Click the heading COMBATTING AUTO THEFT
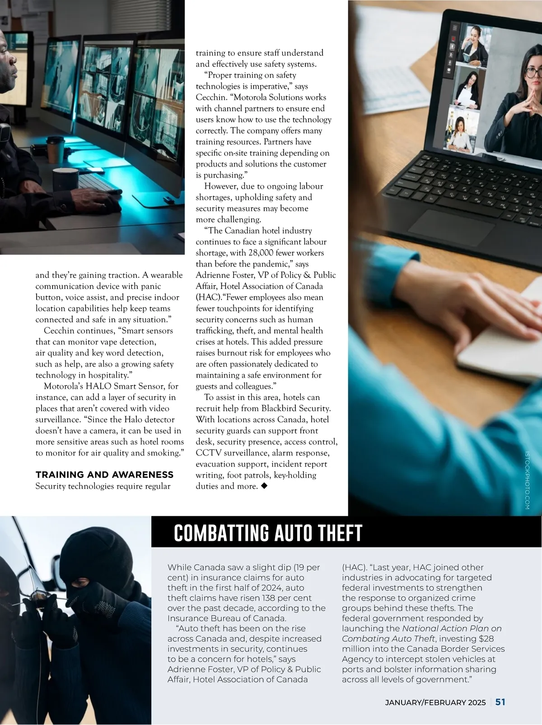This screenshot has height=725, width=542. click(x=268, y=533)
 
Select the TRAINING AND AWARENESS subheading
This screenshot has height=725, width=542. click(x=104, y=474)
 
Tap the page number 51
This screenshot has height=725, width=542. click(x=500, y=702)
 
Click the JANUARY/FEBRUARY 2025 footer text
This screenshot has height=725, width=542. click(x=435, y=702)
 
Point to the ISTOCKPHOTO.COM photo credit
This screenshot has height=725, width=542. click(x=527, y=481)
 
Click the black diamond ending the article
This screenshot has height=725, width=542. click(x=264, y=486)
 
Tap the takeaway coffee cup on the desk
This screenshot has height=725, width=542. click(x=56, y=149)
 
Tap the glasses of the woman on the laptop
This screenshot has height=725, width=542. click(x=534, y=72)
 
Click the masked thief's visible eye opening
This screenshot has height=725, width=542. click(x=84, y=582)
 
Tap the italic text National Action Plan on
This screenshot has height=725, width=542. click(x=452, y=628)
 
